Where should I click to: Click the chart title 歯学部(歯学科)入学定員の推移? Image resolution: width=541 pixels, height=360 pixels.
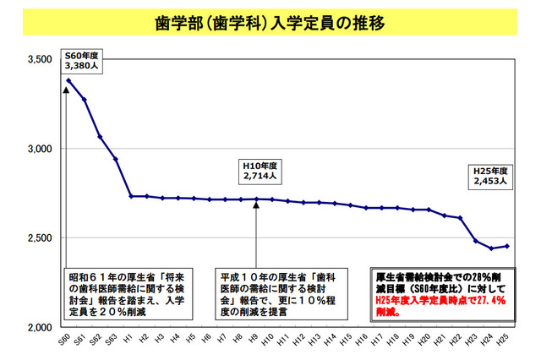270,23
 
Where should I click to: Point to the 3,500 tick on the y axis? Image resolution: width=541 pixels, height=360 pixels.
41,60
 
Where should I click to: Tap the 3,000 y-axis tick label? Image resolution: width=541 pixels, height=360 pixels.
41,149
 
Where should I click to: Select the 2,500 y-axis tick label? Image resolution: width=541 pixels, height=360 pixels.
41,238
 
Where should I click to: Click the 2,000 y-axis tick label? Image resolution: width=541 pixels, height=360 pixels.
41,327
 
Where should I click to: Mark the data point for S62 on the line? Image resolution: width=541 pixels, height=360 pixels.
100,136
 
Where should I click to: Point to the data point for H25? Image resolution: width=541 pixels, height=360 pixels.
505,246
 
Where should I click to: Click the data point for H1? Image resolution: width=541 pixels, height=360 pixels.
131,196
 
